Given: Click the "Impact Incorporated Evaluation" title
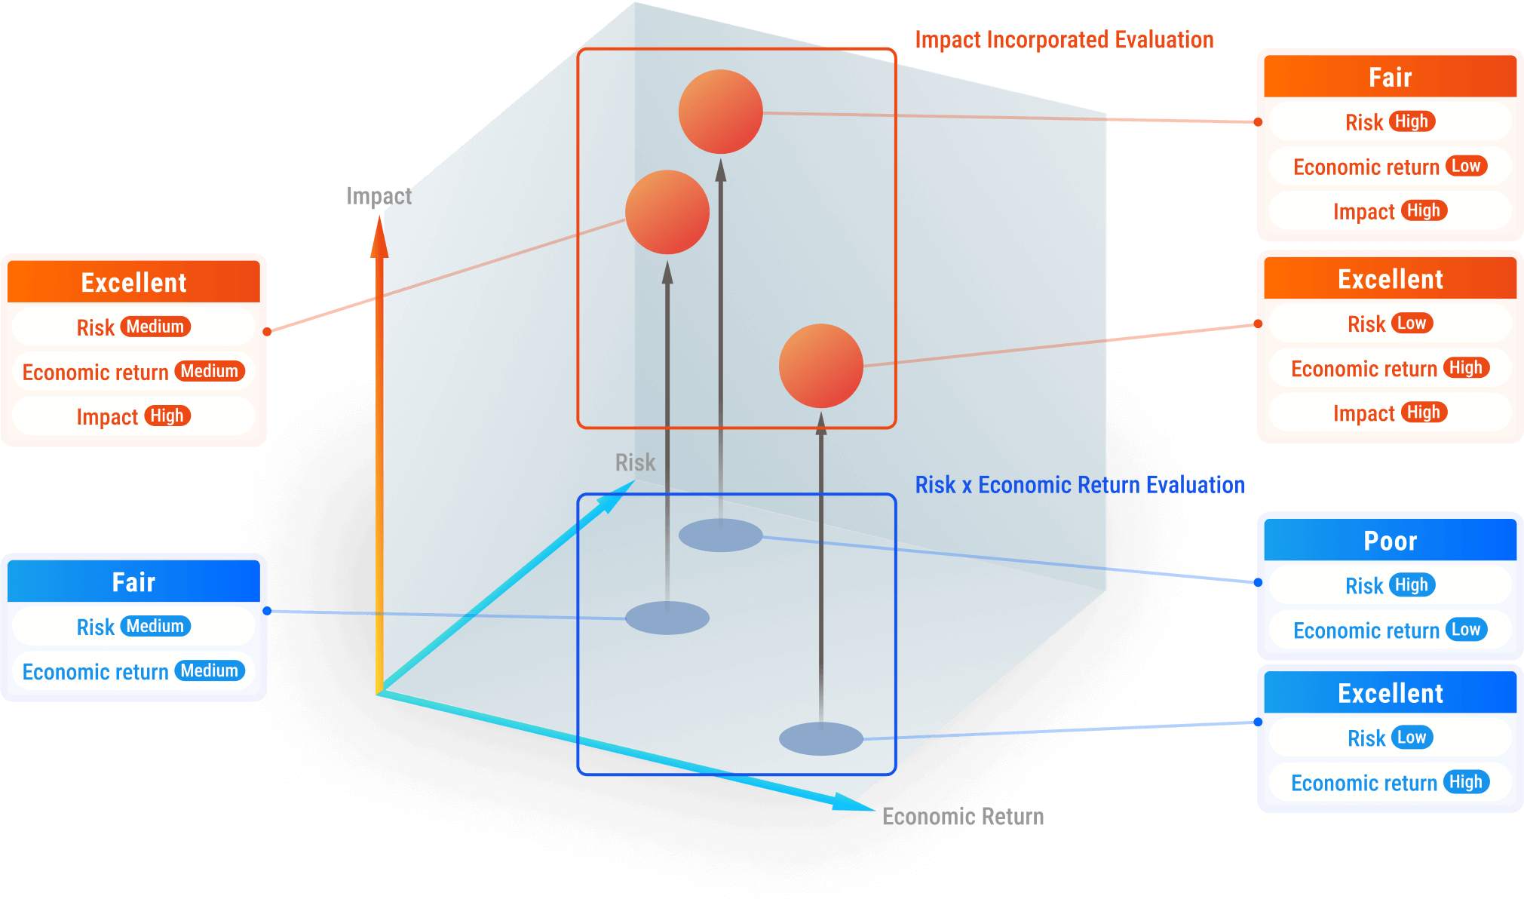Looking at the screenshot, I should point(1064,40).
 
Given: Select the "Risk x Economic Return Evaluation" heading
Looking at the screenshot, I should point(1079,485).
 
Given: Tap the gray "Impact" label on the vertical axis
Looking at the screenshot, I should point(379,196).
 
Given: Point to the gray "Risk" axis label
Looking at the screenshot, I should point(635,462).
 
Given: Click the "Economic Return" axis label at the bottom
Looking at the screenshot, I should point(963,817).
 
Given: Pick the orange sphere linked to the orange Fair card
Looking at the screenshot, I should point(720,112).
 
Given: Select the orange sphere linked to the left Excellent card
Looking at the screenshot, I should point(667,212).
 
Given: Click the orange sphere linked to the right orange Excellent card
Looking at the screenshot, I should point(820,366).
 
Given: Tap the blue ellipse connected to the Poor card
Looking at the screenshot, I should point(720,535).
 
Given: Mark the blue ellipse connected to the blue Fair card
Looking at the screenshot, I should point(667,618).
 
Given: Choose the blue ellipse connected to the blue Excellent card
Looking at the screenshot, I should point(820,738).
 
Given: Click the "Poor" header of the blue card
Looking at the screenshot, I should point(1390,541).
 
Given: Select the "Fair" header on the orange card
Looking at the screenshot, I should point(1390,77).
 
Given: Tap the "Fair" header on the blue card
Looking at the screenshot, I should point(133,582).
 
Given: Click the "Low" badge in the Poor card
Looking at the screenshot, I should point(1466,630).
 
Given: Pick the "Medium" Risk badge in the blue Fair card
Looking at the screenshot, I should point(155,626).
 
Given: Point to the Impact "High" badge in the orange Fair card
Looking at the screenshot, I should point(1424,211).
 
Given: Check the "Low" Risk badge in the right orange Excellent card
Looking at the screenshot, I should point(1412,324).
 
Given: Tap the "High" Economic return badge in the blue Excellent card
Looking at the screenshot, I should point(1466,782).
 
